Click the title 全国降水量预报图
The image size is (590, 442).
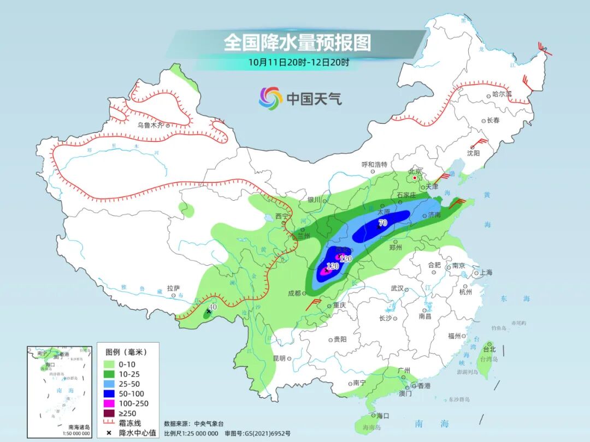(x=297, y=42)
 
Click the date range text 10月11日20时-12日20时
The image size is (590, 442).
(x=298, y=62)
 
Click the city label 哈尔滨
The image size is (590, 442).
(x=502, y=94)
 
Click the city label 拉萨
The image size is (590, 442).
(x=173, y=288)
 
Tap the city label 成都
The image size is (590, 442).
(x=295, y=293)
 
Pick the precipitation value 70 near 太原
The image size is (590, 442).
(x=382, y=223)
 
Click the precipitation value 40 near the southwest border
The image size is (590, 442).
(x=213, y=307)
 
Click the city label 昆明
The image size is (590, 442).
(x=279, y=359)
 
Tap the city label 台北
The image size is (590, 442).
(x=489, y=349)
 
